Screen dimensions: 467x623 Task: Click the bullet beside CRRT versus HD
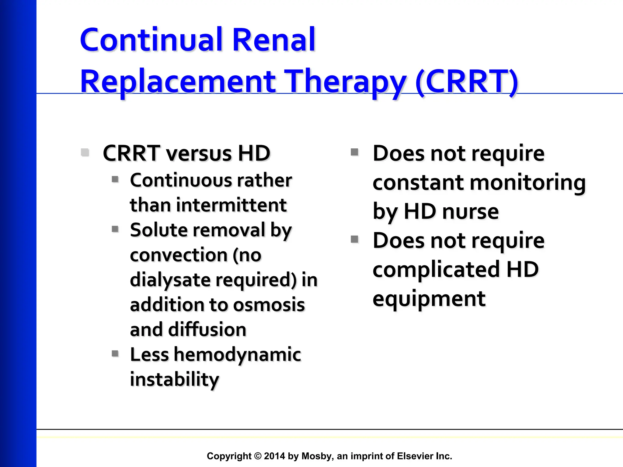[x=85, y=152]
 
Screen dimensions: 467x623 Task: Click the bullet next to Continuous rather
[x=115, y=179]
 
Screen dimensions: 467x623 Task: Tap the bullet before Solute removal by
[x=115, y=229]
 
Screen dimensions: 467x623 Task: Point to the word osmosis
[x=269, y=305]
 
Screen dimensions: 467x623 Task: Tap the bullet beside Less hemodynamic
[x=115, y=353]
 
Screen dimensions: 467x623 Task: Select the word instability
[x=174, y=379]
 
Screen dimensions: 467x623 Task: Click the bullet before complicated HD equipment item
[x=354, y=239]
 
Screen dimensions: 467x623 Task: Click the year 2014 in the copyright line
[x=274, y=456]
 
